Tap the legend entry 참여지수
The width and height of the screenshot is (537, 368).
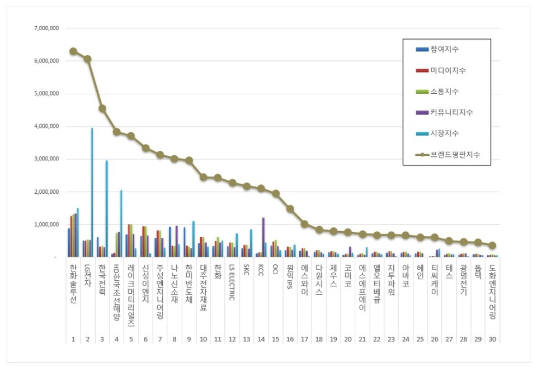[445, 50]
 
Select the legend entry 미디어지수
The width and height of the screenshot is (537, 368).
[447, 70]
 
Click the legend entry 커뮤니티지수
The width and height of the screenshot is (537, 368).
[451, 112]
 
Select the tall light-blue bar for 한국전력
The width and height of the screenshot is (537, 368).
[106, 209]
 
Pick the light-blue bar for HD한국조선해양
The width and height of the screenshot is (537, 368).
[121, 223]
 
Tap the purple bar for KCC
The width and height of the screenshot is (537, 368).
[263, 237]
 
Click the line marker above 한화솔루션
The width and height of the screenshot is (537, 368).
[73, 51]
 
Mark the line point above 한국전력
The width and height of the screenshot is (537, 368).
[102, 108]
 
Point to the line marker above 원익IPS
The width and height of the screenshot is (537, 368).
[290, 209]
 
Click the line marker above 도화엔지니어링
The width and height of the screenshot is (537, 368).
[492, 245]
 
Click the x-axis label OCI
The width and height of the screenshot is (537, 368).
[276, 269]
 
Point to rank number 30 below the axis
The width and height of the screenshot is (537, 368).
[492, 339]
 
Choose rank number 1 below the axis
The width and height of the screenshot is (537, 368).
[73, 339]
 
